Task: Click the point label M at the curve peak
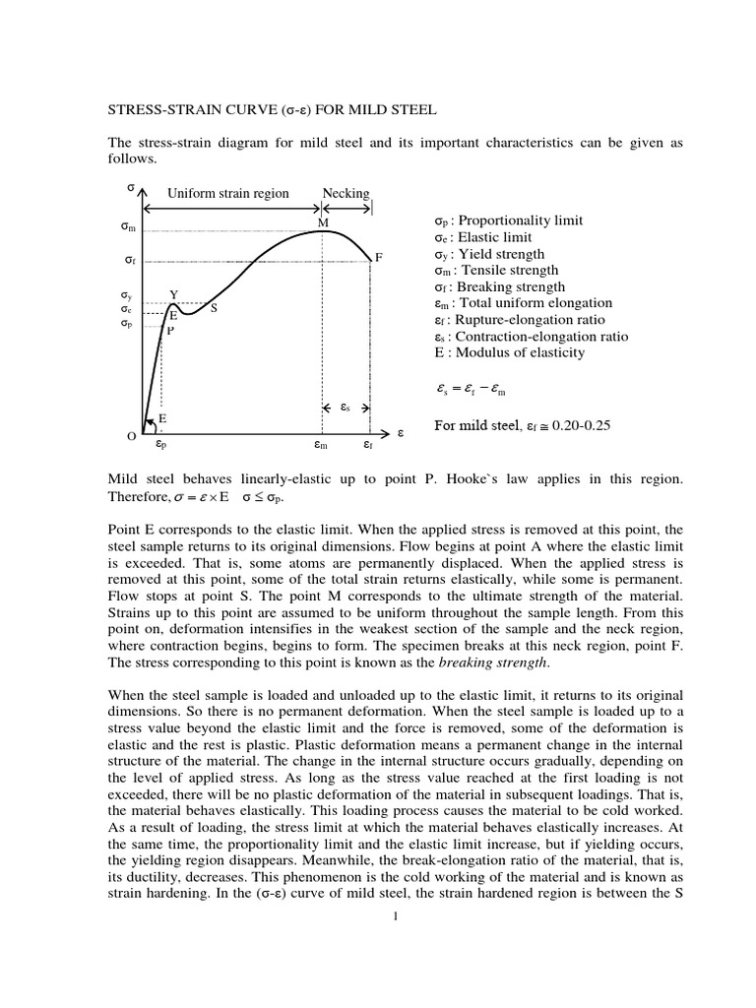tap(322, 223)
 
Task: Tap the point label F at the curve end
tap(378, 257)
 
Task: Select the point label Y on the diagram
tap(174, 294)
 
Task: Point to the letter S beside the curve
tap(214, 308)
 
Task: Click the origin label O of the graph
tap(130, 436)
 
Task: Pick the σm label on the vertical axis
tap(127, 227)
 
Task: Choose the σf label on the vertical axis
tap(129, 261)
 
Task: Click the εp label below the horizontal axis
tap(160, 445)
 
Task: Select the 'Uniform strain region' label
tap(228, 193)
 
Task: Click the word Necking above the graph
tap(346, 193)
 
